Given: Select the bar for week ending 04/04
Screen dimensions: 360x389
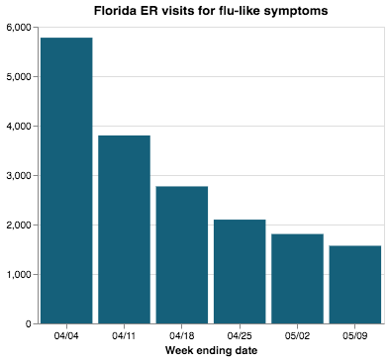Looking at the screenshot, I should pos(65,180).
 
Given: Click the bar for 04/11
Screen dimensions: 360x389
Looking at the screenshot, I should pos(124,229).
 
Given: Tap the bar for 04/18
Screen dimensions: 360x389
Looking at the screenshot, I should pos(181,254).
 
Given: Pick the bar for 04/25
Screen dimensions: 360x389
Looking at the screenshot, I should pos(240,271).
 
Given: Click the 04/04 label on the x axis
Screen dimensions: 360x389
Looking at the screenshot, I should pos(65,335).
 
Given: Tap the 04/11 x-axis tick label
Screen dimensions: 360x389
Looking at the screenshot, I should pos(124,335).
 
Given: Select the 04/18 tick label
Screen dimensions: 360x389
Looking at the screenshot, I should pos(181,335).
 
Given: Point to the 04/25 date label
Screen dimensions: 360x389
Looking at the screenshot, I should pos(240,335).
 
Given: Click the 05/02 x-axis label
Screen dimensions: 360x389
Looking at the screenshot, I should pos(297,335).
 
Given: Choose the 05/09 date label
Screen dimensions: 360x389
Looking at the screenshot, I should pos(355,335).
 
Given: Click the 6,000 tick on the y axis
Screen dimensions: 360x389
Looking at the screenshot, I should pos(17,27).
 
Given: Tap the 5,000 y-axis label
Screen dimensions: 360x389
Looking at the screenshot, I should pos(17,76).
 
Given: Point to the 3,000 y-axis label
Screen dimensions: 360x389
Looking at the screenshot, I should pos(17,175).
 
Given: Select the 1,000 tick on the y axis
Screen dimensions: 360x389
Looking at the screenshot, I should pos(17,274).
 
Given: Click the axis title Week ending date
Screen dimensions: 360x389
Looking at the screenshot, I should pos(210,350).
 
